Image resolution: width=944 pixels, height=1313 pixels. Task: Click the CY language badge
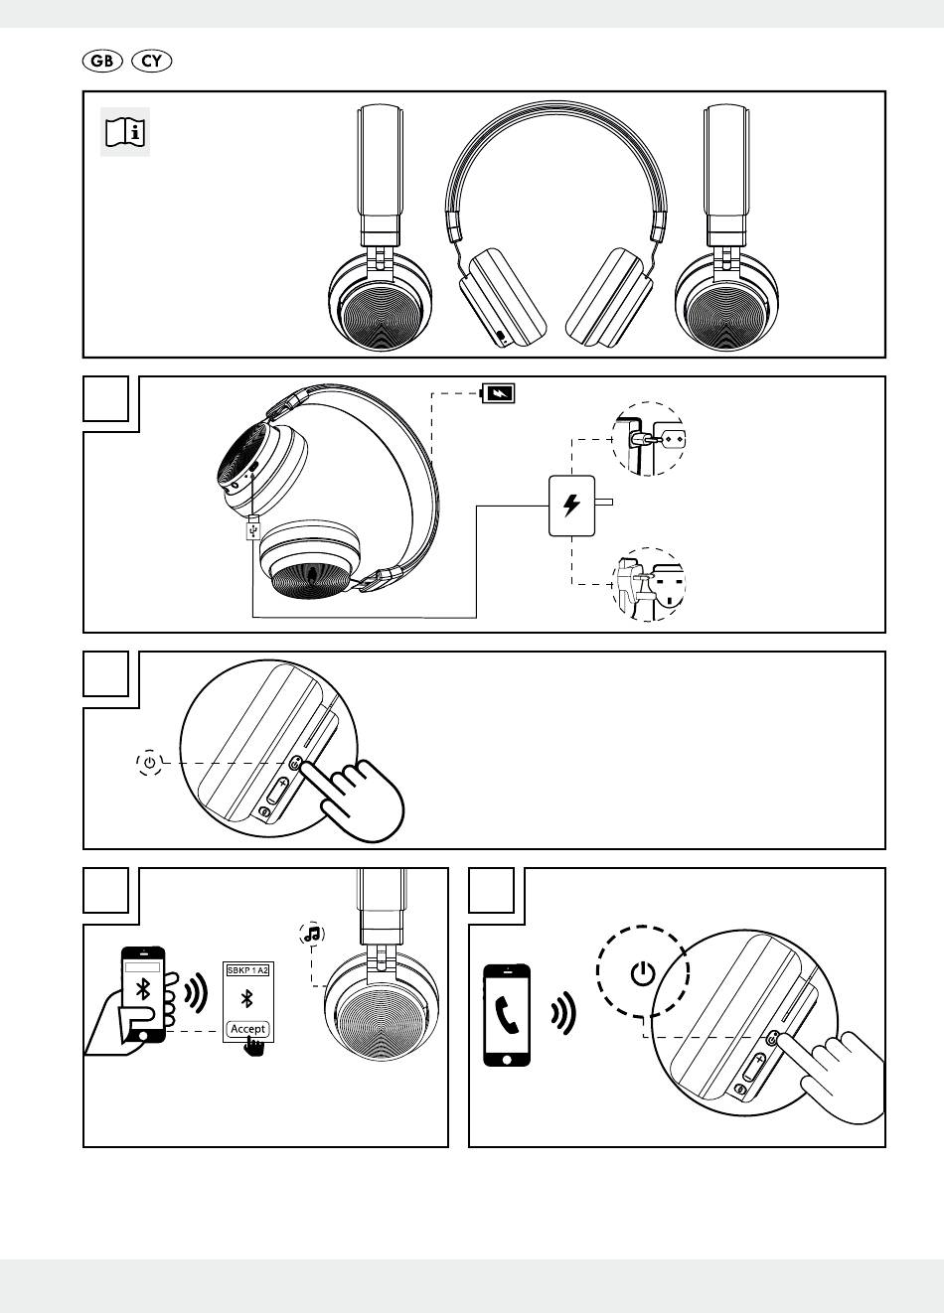coord(151,62)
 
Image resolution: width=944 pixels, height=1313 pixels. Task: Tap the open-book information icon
coord(125,131)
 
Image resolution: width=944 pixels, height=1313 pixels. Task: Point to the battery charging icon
coord(499,392)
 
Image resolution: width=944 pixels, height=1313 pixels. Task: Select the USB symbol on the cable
coord(252,531)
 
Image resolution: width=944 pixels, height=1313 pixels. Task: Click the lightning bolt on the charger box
coord(571,506)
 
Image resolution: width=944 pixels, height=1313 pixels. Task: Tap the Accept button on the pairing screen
coord(247,1028)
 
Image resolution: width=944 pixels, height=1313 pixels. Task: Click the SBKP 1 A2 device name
coord(247,969)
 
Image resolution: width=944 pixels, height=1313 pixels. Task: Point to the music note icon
coord(312,934)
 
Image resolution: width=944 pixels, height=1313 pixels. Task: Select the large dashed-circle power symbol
coord(643,972)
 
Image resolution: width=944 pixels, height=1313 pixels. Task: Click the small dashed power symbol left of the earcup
coord(149,763)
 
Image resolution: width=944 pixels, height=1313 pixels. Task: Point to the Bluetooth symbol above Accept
coord(247,998)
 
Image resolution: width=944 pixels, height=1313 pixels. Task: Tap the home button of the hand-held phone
coord(145,1034)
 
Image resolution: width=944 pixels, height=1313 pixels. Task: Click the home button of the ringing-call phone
coord(507,1057)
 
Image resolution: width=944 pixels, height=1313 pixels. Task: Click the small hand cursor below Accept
coord(254,1048)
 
